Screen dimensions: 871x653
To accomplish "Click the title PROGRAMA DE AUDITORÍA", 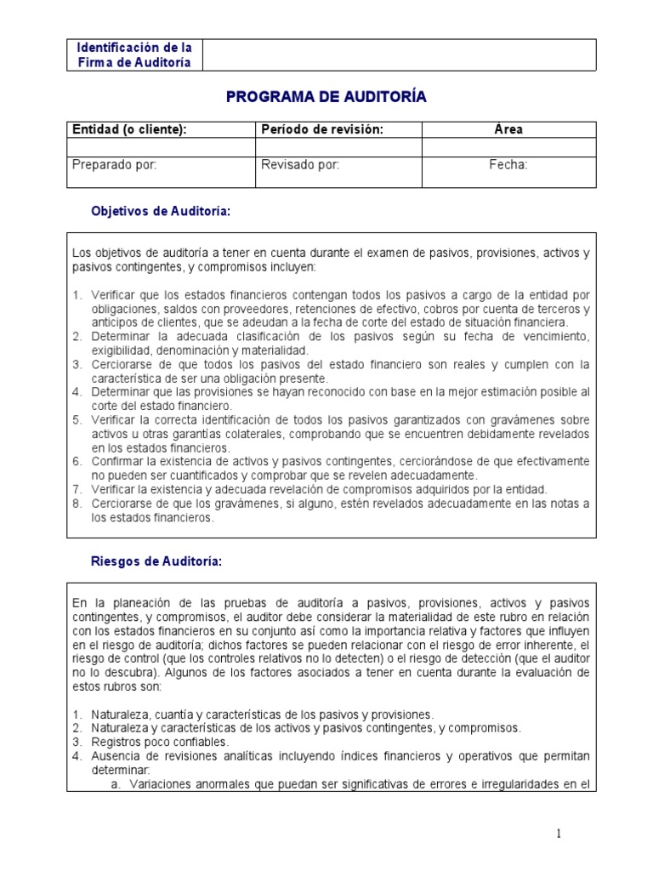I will pos(326,98).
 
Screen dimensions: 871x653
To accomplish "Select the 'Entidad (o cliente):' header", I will pos(129,129).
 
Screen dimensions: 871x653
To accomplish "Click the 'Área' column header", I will pos(508,129).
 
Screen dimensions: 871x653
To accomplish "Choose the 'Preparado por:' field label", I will pos(115,165).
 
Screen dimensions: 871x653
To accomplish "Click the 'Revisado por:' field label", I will pos(300,165).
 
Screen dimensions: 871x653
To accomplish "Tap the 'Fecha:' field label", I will pos(508,165).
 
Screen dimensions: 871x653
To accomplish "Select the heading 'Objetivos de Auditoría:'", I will pos(161,211).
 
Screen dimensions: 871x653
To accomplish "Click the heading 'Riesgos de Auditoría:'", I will pos(156,561).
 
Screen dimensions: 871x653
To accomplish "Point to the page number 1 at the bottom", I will pos(559,834).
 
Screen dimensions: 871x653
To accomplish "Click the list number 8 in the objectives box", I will pos(77,504).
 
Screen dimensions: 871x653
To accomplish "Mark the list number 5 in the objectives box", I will pos(77,419).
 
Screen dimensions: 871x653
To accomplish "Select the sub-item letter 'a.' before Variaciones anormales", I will pos(117,784).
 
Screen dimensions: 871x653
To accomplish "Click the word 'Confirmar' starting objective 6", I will pos(118,461).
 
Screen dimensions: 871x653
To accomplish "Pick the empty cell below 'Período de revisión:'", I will pos(338,147).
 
